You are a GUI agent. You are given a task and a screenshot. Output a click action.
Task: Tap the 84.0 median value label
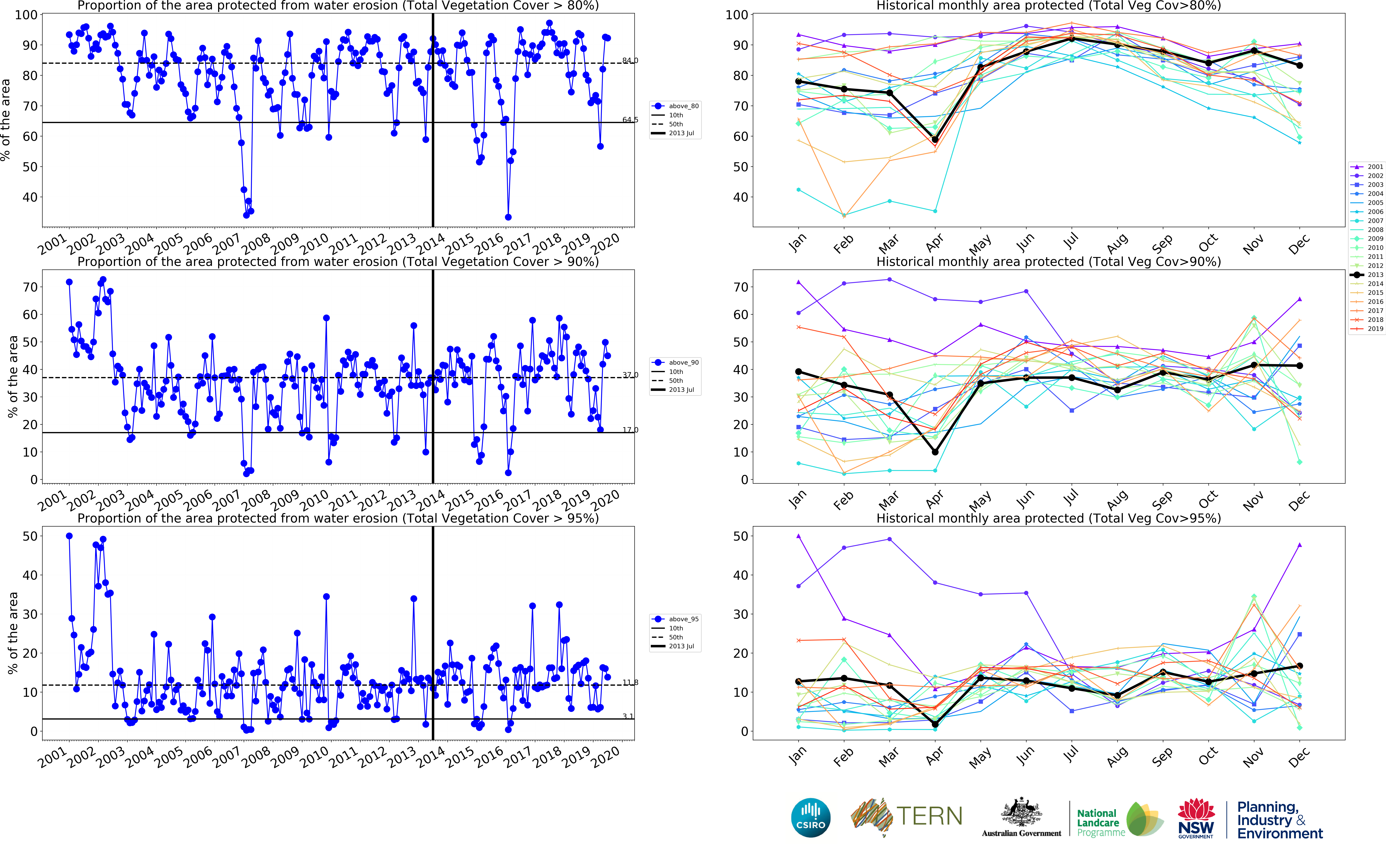point(630,60)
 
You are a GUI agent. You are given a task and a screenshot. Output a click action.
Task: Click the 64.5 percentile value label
point(630,120)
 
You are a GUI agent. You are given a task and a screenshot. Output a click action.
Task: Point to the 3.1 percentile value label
point(628,716)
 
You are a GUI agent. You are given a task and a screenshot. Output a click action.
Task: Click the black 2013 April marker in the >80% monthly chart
point(935,139)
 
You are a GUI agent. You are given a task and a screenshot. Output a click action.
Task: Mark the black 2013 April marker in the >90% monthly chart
point(935,452)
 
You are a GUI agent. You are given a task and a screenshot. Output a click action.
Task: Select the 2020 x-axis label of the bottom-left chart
point(605,757)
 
